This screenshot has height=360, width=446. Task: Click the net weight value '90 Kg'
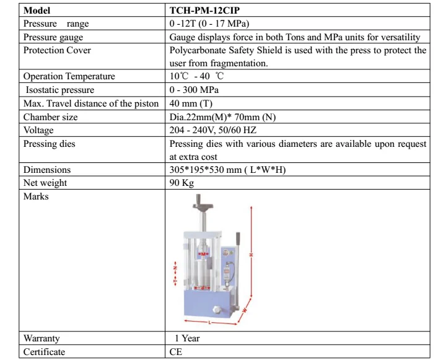(x=182, y=183)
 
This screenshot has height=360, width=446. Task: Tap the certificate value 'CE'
(x=176, y=352)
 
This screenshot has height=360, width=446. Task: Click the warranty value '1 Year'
(x=187, y=338)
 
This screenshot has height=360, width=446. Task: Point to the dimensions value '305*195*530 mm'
(x=227, y=170)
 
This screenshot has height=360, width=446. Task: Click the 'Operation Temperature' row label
(x=69, y=76)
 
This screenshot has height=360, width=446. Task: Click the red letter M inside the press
(x=203, y=254)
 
